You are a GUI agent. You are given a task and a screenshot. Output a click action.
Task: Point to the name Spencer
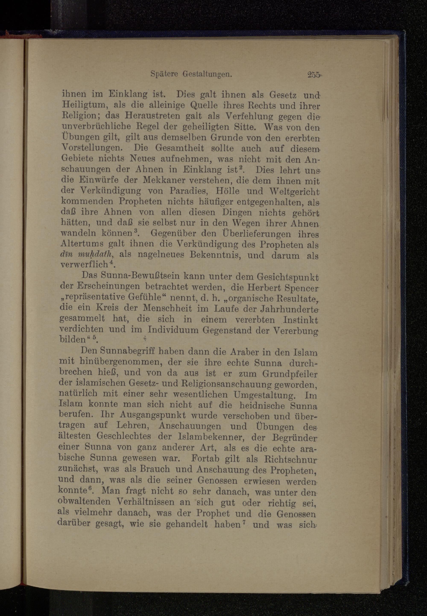302,288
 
